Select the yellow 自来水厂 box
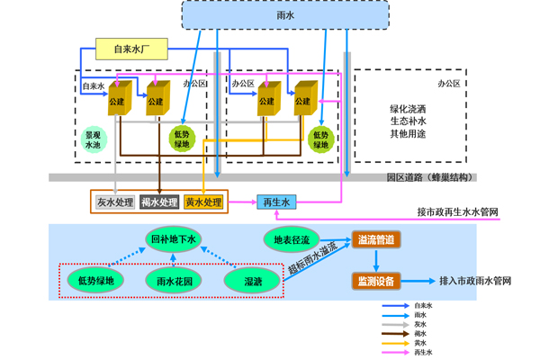point(134,49)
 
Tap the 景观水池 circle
point(93,139)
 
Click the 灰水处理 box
point(114,202)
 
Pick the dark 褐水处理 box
point(159,202)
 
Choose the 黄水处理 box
point(203,202)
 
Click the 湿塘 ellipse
point(254,282)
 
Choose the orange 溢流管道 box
point(374,240)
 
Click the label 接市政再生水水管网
point(457,213)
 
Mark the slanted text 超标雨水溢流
point(311,257)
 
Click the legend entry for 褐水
point(418,333)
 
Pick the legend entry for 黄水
point(418,343)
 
